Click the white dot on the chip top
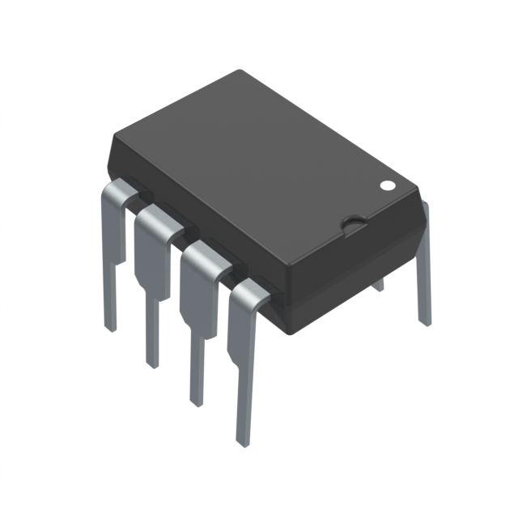(x=388, y=185)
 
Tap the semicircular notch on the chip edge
(x=353, y=222)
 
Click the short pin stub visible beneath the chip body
(x=377, y=284)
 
